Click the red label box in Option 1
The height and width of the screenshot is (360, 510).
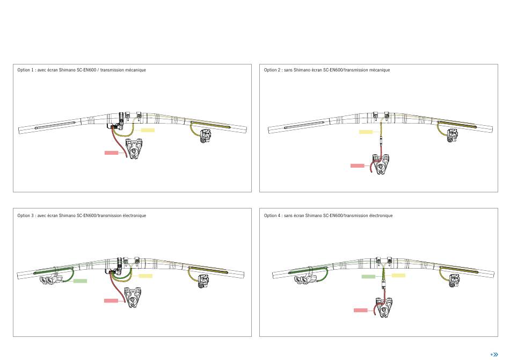(111, 153)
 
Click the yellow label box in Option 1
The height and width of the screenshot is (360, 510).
(148, 130)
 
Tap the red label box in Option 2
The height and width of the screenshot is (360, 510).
(358, 165)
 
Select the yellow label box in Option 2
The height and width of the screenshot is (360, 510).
(366, 132)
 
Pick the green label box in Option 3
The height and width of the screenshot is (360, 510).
(80, 281)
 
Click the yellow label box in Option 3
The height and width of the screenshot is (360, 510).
(145, 276)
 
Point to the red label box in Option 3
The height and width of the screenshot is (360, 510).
(111, 300)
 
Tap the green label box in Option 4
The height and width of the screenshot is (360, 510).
(368, 277)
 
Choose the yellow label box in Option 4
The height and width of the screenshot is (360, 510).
(398, 275)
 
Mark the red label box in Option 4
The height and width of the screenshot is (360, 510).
(361, 310)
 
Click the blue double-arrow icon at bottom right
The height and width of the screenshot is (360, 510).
(494, 355)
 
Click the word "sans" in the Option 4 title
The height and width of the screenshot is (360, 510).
(288, 215)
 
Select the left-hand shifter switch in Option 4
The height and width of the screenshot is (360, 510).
(306, 279)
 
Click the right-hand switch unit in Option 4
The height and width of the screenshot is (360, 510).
(454, 280)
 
